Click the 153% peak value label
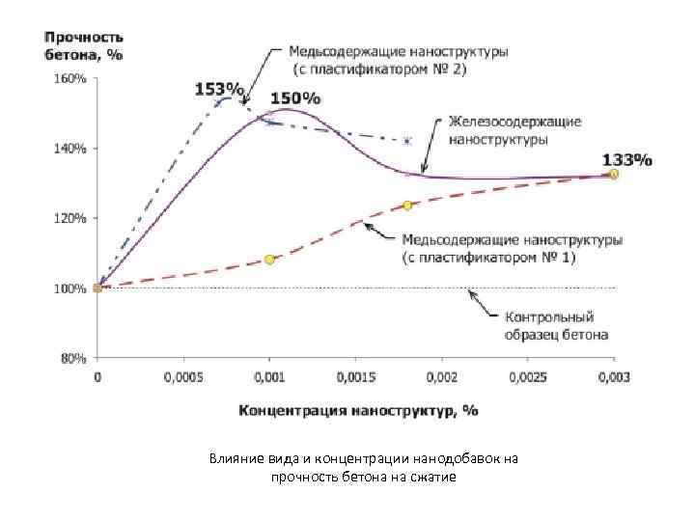click(x=219, y=89)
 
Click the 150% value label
click(x=295, y=97)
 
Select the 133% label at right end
click(x=626, y=159)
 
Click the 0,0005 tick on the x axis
click(x=182, y=376)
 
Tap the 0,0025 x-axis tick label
click(x=527, y=376)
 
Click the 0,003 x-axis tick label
click(x=614, y=376)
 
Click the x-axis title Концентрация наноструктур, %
click(x=359, y=409)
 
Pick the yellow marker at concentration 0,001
click(x=269, y=260)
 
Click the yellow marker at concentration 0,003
click(x=614, y=174)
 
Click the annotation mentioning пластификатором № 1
click(x=511, y=249)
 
